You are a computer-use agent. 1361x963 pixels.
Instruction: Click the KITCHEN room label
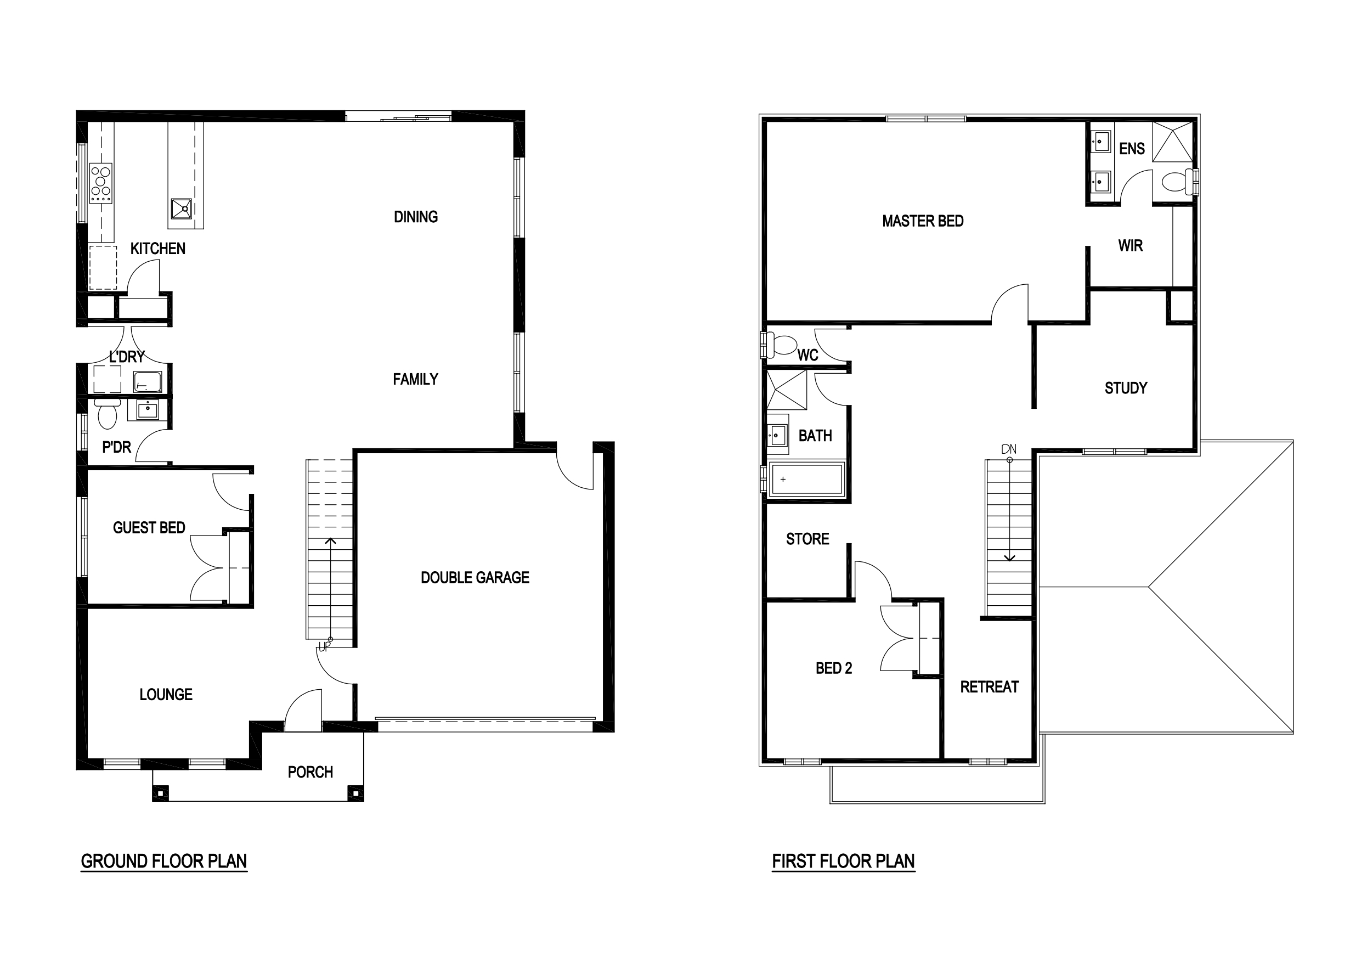(x=157, y=249)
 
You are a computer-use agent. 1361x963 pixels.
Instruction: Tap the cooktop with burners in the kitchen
(x=101, y=183)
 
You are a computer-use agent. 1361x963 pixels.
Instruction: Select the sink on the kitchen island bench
(x=182, y=209)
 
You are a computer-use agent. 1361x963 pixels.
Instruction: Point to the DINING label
(x=415, y=217)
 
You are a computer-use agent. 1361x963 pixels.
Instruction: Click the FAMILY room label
(x=415, y=379)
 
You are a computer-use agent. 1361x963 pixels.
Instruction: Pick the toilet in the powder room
(x=108, y=413)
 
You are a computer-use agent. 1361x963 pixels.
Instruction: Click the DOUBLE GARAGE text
(x=475, y=578)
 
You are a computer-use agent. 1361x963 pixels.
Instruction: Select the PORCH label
(x=310, y=772)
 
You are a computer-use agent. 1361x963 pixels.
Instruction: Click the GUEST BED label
(x=149, y=528)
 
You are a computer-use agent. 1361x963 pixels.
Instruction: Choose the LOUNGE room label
(x=166, y=694)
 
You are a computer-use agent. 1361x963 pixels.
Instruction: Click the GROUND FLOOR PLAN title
(x=163, y=861)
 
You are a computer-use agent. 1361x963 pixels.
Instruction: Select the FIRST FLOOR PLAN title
(x=844, y=861)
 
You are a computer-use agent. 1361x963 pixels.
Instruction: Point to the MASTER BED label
(x=923, y=221)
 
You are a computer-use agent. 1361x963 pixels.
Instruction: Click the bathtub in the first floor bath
(x=807, y=478)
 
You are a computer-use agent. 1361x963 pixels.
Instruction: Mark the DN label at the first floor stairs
(x=1009, y=449)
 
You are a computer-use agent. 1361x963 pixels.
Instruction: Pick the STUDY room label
(x=1126, y=388)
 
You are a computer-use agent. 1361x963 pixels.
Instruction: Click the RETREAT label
(x=989, y=687)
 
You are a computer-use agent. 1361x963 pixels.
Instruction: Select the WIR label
(x=1131, y=245)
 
